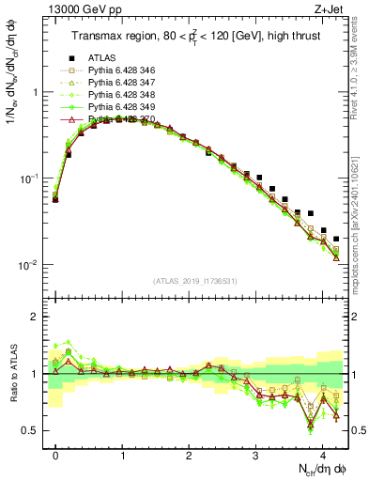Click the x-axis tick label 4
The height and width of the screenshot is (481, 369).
(x=323, y=452)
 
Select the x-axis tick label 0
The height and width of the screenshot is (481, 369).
(x=56, y=452)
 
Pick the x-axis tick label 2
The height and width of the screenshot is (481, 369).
(x=190, y=452)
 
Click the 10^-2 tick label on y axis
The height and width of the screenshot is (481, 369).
(x=30, y=265)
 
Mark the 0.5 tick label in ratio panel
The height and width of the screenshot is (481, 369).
(x=32, y=430)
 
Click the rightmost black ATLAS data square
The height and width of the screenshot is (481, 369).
(x=336, y=239)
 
